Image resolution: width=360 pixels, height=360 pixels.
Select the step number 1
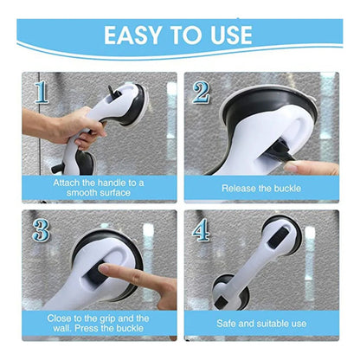42,92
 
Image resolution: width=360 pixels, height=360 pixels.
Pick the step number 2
202,92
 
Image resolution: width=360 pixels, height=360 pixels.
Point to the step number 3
41,230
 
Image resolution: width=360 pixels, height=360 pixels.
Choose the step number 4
201,230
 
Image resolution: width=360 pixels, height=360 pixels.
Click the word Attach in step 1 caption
67,183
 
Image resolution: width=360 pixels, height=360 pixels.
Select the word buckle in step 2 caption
287,189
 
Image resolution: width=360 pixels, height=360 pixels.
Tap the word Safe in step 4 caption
226,324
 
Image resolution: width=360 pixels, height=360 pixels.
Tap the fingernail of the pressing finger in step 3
103,268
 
